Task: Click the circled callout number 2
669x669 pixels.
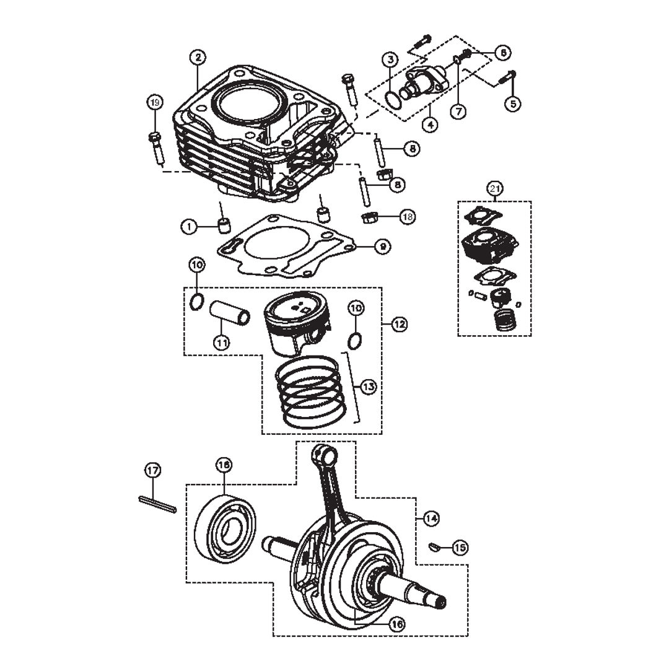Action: (197, 58)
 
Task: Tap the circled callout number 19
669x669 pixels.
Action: (155, 102)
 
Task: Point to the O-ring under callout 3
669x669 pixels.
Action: (391, 98)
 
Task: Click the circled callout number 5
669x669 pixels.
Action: (512, 103)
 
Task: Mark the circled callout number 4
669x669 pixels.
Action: (430, 124)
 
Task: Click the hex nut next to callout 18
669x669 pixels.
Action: (370, 217)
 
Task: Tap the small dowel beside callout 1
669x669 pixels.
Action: (224, 224)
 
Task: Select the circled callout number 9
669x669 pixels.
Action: (382, 246)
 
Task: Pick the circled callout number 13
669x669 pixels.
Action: (368, 387)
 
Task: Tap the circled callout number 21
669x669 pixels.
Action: (494, 188)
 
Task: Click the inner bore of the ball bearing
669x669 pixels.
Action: (234, 529)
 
